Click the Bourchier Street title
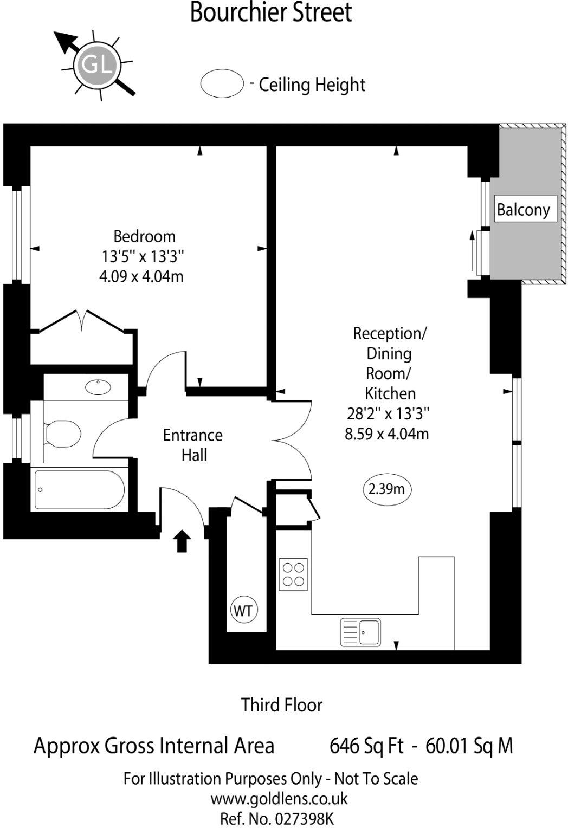270,12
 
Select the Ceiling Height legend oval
222,84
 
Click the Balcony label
523,209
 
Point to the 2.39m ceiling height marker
386,489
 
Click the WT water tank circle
243,611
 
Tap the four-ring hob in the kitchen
293,574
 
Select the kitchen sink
360,632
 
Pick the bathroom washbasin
98,387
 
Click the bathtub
79,490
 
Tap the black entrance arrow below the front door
182,541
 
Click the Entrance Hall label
193,445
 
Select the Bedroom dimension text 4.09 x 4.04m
141,276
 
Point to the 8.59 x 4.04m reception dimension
386,434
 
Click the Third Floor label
281,705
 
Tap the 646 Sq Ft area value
366,746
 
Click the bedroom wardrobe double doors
82,320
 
